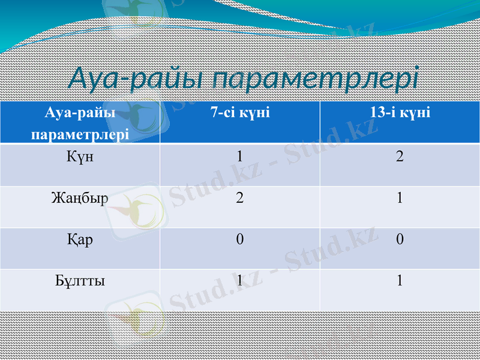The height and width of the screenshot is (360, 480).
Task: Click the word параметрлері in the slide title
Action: tap(316, 79)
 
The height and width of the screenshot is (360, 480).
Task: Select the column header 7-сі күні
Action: tap(239, 112)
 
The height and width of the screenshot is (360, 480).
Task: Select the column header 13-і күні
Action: tap(400, 112)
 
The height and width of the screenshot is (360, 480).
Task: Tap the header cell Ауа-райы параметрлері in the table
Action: tap(80, 122)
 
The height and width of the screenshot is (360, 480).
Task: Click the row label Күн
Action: tap(80, 157)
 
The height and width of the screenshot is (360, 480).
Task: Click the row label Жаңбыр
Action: tap(80, 198)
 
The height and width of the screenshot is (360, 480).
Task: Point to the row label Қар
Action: tap(80, 239)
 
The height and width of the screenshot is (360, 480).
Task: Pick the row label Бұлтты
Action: tap(80, 280)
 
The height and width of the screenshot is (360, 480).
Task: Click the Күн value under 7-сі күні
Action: tap(239, 157)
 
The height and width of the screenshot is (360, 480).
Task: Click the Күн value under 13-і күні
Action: tap(400, 157)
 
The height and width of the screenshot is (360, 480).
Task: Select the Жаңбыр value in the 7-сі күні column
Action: tap(239, 199)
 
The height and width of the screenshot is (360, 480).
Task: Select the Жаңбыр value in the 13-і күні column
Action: tap(400, 199)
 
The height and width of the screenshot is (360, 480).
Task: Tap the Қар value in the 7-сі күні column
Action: tap(239, 240)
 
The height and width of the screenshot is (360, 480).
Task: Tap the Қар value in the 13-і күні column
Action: tap(400, 240)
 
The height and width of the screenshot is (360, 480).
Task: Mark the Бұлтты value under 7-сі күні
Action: tap(239, 281)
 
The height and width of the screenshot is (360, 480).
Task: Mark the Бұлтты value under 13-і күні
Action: tap(400, 281)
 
